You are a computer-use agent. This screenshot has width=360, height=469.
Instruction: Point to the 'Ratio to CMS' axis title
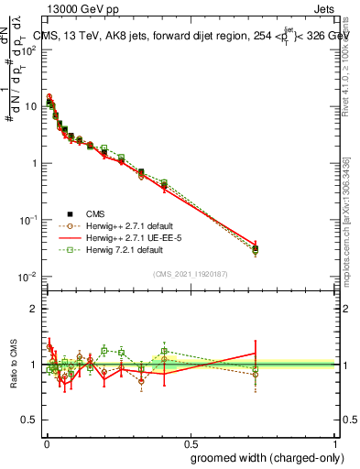tap(15, 365)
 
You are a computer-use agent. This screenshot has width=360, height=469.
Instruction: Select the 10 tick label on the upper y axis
tap(30, 106)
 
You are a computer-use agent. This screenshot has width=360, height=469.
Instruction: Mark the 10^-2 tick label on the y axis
tap(28, 277)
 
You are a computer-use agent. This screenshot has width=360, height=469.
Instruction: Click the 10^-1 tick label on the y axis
tap(28, 220)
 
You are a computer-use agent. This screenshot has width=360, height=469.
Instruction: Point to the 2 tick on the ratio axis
tap(34, 309)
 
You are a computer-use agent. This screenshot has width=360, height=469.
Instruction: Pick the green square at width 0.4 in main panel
tap(164, 183)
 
